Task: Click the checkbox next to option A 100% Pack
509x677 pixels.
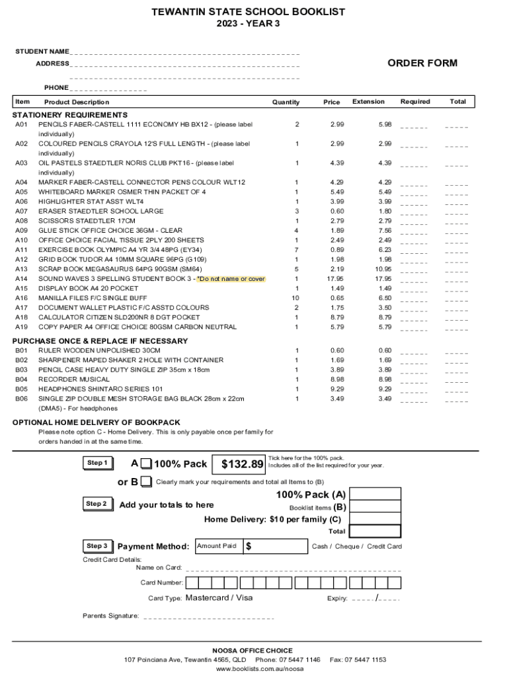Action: (146, 463)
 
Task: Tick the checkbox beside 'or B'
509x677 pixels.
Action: (146, 481)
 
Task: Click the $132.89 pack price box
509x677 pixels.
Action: (242, 465)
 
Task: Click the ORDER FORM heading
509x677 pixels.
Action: (422, 63)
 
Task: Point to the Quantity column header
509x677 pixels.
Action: (286, 102)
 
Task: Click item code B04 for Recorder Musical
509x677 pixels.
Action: (22, 379)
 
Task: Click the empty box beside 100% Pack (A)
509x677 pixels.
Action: (375, 495)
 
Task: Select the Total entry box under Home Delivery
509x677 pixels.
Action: (375, 531)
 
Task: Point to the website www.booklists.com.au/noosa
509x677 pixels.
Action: (254, 669)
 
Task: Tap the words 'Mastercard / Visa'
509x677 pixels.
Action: (219, 598)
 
